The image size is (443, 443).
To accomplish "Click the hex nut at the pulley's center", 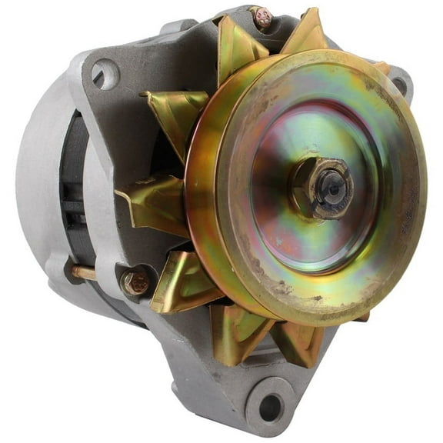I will (322, 188).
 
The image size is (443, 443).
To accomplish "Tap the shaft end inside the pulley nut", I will (332, 186).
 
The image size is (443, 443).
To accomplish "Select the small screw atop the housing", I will (263, 16).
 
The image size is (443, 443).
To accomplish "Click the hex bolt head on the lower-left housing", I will (136, 282).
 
